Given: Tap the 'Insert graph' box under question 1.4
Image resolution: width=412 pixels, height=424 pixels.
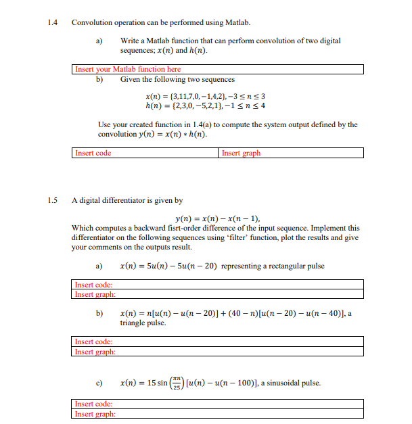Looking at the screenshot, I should point(292,154).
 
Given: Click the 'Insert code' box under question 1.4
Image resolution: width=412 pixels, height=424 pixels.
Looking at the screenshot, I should point(145,154).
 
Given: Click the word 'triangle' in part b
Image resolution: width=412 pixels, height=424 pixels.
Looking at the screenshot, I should point(134,323).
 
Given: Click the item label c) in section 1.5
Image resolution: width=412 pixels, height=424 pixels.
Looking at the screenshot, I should point(99,383).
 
